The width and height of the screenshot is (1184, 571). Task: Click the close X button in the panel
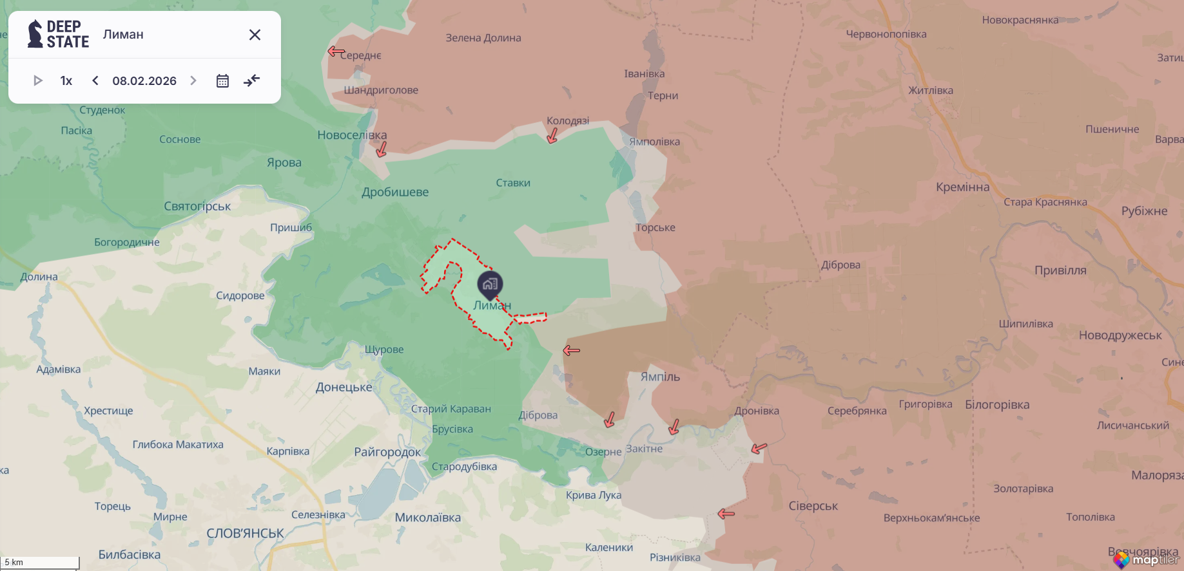pos(255,35)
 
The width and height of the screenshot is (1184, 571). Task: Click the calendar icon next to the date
pos(222,81)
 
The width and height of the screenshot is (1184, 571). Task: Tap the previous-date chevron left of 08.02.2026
pos(95,80)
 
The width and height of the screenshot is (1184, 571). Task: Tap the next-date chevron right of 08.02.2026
pos(193,80)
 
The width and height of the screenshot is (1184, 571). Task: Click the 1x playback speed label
pos(66,81)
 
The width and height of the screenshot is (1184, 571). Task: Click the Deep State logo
pos(58,34)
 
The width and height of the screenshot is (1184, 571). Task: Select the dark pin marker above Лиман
pos(490,284)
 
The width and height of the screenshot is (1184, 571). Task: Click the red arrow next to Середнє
pos(336,51)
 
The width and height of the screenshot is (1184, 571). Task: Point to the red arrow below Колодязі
pos(552,136)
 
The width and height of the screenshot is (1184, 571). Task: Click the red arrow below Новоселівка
pos(382,150)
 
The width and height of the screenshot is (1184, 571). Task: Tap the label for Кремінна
pos(962,187)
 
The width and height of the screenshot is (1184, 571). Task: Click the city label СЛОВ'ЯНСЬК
pos(245,534)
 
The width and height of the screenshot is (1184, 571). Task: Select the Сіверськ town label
pos(813,506)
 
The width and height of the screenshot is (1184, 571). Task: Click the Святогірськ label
pos(197,206)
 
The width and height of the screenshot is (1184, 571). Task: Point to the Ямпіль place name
pos(660,377)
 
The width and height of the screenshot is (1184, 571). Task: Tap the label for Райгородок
pos(387,452)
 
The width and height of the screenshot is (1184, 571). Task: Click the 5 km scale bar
pos(40,563)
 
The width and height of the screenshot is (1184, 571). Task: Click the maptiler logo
pos(1147,559)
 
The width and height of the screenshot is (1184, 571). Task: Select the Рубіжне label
pos(1144,211)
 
